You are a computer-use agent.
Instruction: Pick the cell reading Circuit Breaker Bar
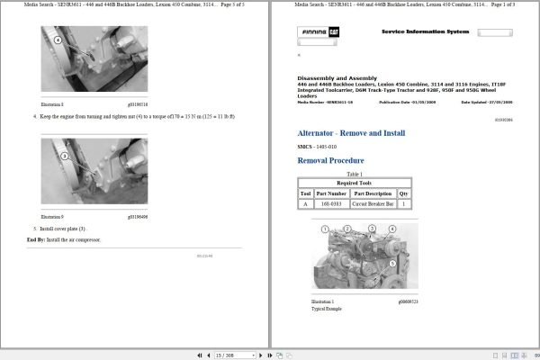(372, 204)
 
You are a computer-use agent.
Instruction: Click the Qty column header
(403, 193)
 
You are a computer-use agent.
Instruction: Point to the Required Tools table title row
(355, 183)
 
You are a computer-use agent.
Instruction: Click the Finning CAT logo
(320, 33)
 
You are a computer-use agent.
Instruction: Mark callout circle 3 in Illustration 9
(64, 155)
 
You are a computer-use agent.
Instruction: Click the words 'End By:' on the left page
(36, 239)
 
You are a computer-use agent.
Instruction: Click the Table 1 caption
(355, 174)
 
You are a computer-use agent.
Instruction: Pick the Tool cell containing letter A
(305, 204)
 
